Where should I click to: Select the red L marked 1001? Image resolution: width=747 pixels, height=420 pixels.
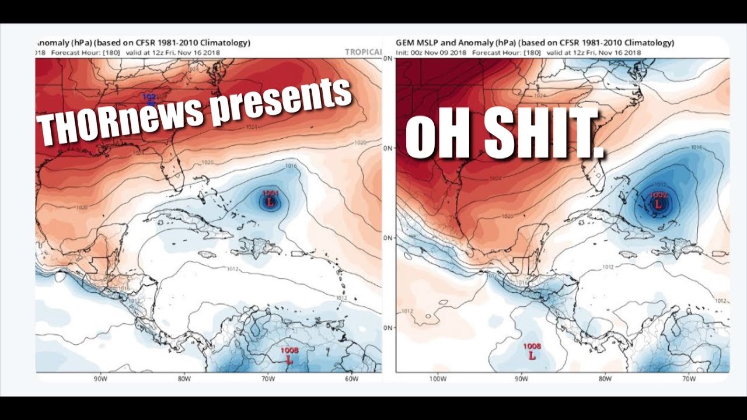coord(270,201)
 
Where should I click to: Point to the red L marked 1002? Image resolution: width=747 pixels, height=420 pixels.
coord(658,204)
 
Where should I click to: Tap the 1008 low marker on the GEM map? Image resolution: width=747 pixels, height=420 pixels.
coord(532,354)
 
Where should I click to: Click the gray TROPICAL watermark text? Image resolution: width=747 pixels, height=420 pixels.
coord(363,52)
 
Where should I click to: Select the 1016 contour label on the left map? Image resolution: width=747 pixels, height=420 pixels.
coord(291,166)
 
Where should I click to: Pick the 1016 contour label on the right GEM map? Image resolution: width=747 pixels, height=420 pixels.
coord(696,148)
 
